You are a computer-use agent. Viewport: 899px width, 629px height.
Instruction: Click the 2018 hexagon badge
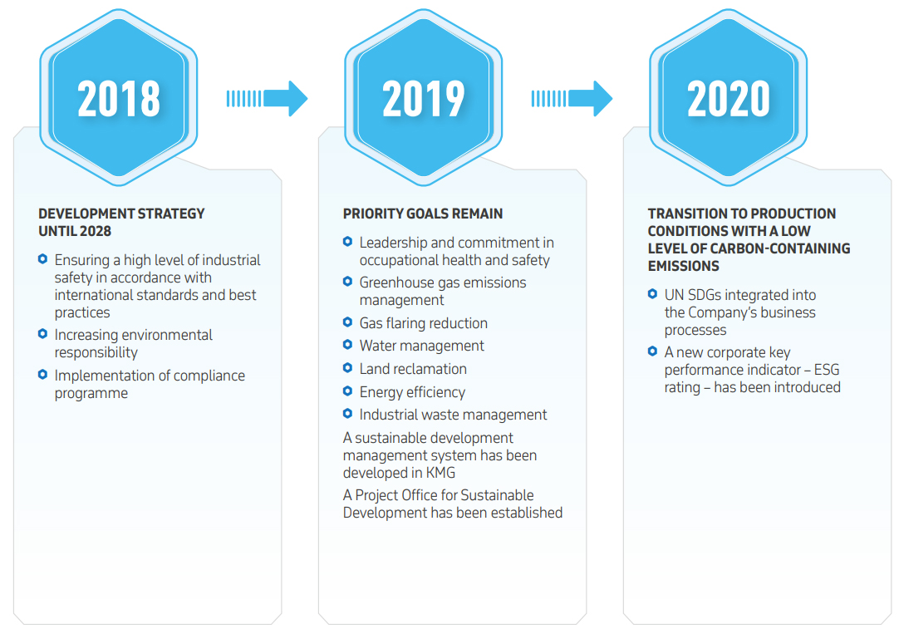[119, 97]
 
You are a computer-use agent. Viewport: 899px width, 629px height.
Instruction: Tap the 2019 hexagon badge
[424, 97]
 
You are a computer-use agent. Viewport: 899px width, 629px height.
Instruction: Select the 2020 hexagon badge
[729, 97]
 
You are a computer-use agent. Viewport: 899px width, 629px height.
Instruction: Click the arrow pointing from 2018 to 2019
[268, 99]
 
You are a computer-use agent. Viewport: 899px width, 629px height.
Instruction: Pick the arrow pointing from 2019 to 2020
[572, 99]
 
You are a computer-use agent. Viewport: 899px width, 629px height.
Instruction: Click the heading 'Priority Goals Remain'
[423, 214]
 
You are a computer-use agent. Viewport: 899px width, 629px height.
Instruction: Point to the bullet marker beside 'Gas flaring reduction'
[347, 322]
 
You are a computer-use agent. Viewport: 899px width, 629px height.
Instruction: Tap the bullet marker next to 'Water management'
[347, 345]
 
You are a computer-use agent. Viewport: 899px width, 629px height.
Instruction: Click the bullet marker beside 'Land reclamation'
[347, 367]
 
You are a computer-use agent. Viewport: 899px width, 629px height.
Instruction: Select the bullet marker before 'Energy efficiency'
[347, 391]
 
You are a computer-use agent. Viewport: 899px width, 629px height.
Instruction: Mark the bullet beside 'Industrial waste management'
[347, 414]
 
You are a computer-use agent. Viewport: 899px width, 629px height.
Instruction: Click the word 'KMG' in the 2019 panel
[440, 473]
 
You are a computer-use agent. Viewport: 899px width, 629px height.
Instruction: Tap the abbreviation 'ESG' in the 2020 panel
[826, 370]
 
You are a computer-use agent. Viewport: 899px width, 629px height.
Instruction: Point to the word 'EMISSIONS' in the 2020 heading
[684, 266]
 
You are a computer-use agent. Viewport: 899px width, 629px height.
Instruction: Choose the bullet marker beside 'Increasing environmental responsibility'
[42, 334]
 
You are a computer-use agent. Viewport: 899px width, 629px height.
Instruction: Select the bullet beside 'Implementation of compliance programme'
[42, 375]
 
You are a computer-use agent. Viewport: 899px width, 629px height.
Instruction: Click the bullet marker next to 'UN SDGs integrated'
[652, 294]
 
